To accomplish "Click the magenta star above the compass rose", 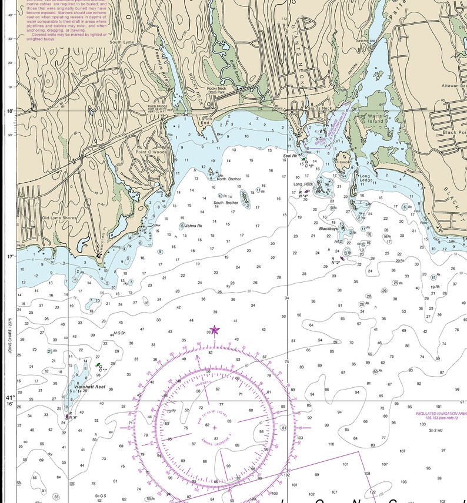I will click(215, 331).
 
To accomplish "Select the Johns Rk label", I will click(194, 226).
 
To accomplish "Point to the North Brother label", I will click(229, 179).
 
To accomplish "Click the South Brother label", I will click(226, 203).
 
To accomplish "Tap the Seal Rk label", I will click(289, 156).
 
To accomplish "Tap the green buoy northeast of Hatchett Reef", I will click(98, 365).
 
